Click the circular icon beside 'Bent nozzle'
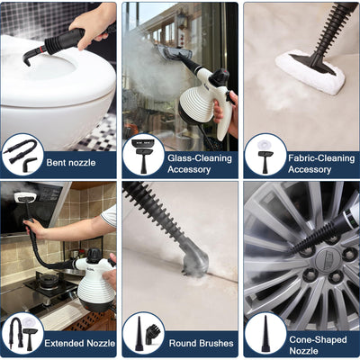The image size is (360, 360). point(22,154)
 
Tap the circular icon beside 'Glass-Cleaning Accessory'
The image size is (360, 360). point(143,154)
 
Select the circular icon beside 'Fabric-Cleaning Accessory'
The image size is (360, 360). point(265,154)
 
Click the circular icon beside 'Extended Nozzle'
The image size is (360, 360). point(22,333)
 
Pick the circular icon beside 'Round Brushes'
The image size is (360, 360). point(143,333)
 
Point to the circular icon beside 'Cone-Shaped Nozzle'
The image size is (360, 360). point(265,333)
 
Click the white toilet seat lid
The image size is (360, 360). point(54,72)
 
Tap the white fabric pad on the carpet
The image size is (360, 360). point(310,72)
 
